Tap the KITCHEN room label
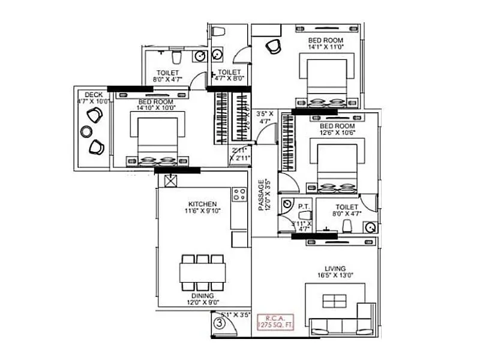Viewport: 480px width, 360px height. (x=201, y=204)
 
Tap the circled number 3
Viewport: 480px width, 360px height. (x=220, y=323)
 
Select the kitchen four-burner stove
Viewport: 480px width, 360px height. (x=239, y=194)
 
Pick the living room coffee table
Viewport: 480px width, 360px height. (x=334, y=300)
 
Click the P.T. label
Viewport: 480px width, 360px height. (x=302, y=206)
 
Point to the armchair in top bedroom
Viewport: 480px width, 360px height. (x=273, y=46)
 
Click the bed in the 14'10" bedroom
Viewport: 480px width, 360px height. (x=158, y=140)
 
